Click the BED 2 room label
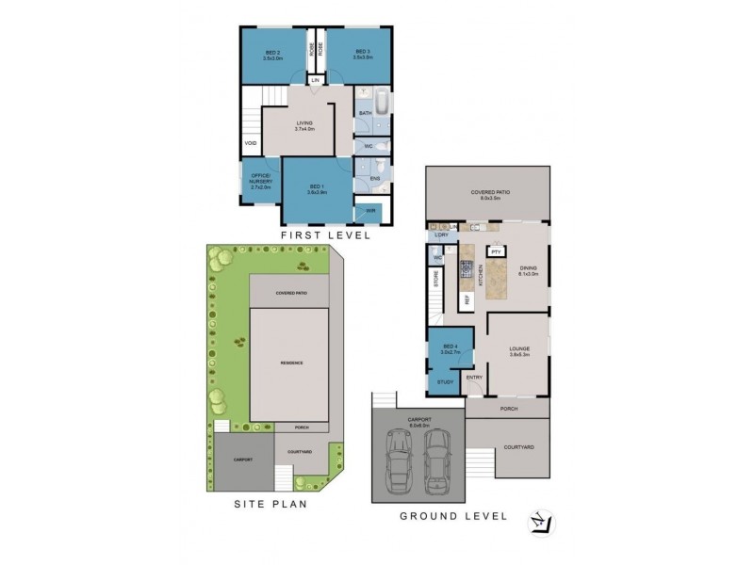click(274, 54)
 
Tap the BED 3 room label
click(366, 54)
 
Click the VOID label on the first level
click(251, 143)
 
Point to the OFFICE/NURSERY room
click(261, 182)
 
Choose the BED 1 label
click(316, 189)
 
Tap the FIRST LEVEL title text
click(324, 236)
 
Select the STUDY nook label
click(445, 382)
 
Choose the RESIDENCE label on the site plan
click(289, 363)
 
